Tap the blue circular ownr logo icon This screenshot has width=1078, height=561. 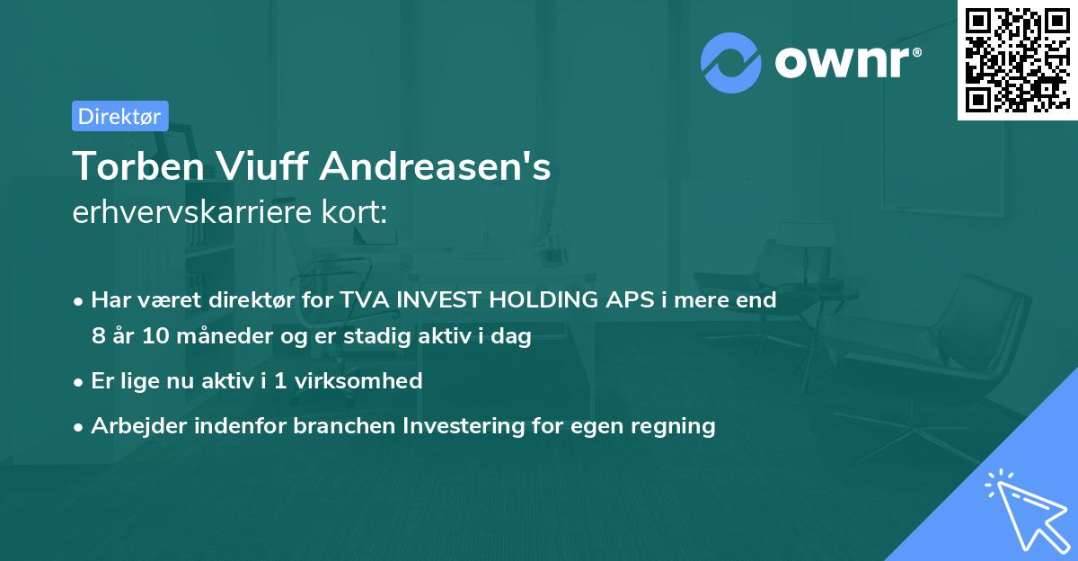point(730,63)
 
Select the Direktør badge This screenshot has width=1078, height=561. point(119,116)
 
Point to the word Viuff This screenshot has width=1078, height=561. point(253,166)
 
